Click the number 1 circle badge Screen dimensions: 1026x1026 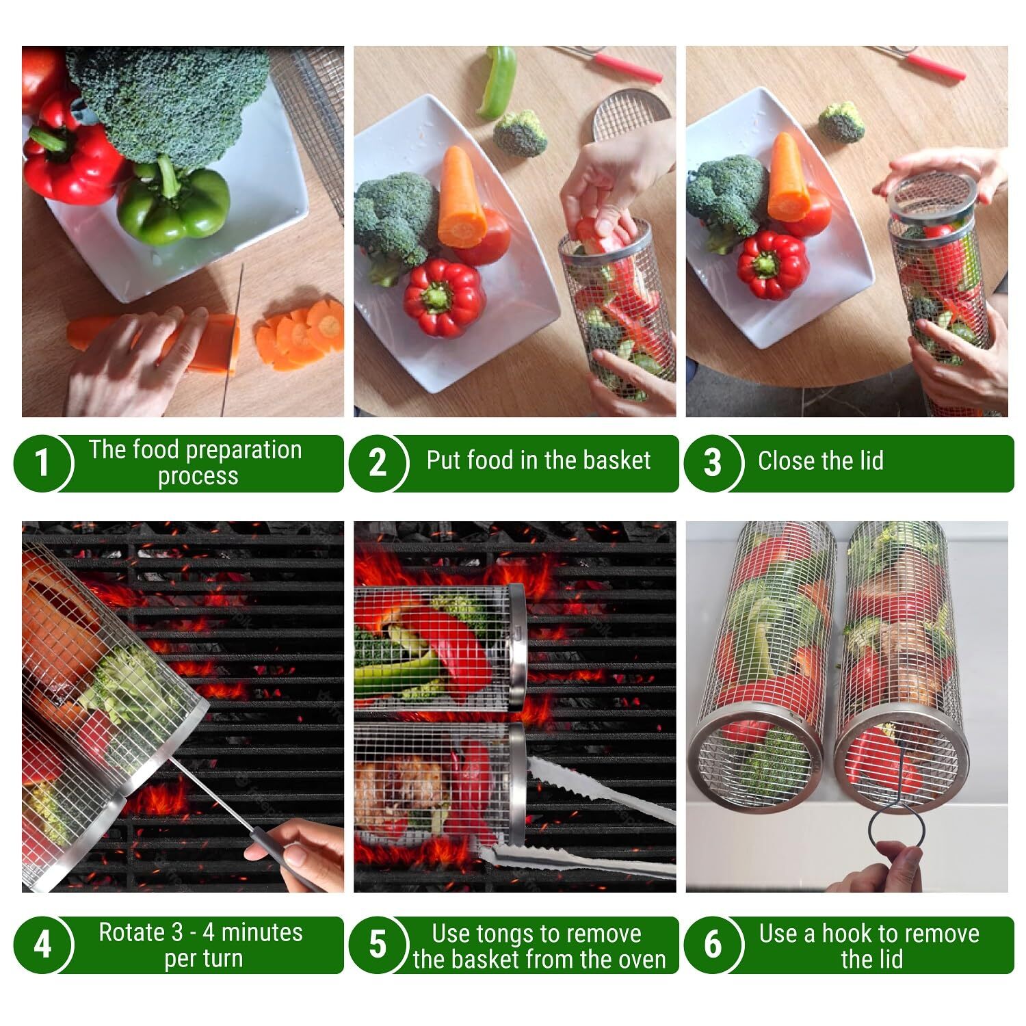(x=42, y=462)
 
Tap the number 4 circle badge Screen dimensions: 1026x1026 (x=42, y=945)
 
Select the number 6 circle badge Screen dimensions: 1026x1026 (x=713, y=945)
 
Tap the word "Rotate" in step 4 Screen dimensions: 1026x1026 (x=132, y=932)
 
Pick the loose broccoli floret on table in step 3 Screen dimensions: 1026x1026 (x=841, y=122)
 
